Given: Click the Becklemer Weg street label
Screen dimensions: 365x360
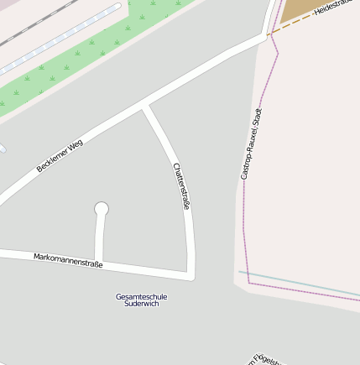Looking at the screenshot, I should point(60,155).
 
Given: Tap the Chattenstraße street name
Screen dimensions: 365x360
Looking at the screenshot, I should point(181,185).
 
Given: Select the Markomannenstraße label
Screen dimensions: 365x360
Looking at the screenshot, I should point(68,260).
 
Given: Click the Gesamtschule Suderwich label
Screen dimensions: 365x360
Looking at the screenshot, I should point(141,300).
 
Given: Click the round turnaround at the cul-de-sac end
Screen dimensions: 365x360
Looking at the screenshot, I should point(102,209).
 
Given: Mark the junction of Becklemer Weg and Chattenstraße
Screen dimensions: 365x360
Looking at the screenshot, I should point(147,107).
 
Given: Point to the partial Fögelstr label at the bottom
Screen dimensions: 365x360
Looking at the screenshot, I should point(267,359).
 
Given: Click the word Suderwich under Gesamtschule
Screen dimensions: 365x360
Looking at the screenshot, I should point(141,304).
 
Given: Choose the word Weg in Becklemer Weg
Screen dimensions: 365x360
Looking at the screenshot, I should point(76,145).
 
